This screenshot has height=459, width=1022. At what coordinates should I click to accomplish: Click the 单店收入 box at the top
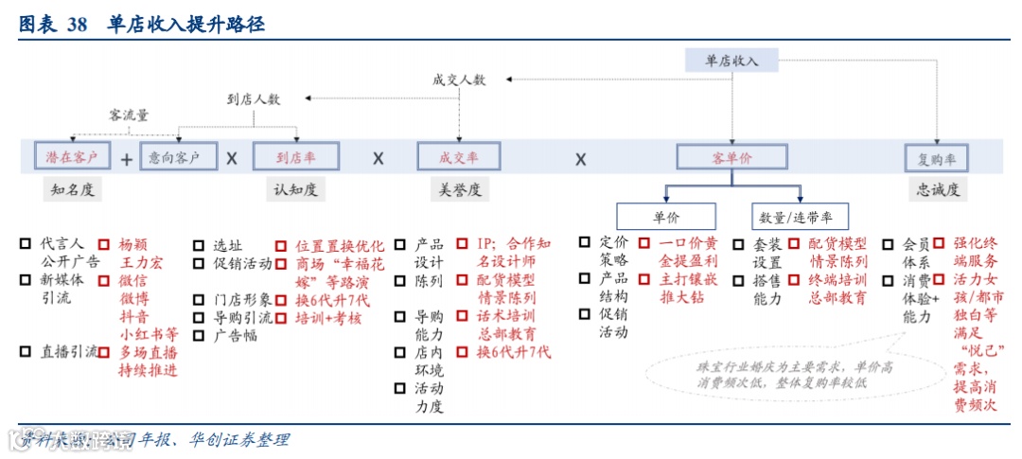coord(732,61)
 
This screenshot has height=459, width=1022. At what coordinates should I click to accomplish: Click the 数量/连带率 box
coord(800,216)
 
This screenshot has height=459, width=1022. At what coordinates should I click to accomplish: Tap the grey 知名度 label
coord(73,189)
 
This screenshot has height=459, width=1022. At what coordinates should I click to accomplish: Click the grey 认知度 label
coord(294,189)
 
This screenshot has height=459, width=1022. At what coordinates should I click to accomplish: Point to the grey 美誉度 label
coord(460,189)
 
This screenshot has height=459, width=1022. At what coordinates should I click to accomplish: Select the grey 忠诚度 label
coord(937,189)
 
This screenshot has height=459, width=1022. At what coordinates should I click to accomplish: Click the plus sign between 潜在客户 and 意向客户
coord(126,158)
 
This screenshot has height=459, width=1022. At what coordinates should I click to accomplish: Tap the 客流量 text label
coord(129,115)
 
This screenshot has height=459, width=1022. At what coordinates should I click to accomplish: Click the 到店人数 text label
coord(254,97)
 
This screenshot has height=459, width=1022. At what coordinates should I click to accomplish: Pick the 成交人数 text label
coord(458,80)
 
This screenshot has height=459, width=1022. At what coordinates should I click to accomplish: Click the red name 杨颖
coord(133,242)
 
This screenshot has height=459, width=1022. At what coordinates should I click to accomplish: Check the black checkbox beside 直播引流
coord(26,351)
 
